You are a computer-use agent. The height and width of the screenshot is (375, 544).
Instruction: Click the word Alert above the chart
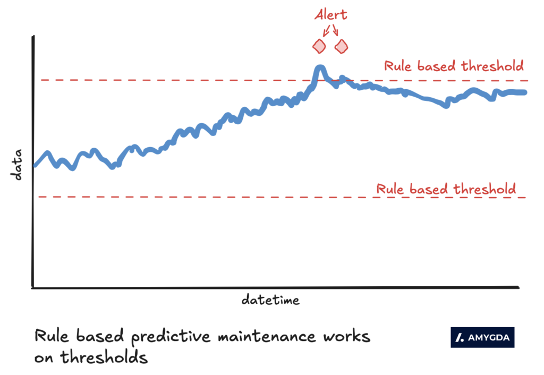point(330,14)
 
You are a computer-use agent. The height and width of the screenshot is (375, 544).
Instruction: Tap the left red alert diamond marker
point(319,46)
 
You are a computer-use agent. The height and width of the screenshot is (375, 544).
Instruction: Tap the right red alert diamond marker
point(341,47)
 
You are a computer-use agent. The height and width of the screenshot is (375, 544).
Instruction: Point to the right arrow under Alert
point(335,31)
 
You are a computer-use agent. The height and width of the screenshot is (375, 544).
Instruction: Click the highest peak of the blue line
point(320,68)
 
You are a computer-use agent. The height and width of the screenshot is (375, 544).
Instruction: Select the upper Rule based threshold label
point(454,66)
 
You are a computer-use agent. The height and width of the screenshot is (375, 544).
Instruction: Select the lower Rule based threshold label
point(446,189)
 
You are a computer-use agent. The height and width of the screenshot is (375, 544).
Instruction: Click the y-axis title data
point(18,165)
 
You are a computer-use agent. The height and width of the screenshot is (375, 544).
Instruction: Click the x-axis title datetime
point(270,300)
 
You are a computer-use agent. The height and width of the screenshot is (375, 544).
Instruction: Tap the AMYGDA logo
point(482,337)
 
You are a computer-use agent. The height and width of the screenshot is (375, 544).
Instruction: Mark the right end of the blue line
point(525,92)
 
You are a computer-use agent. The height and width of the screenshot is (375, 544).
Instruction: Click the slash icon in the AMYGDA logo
point(461,337)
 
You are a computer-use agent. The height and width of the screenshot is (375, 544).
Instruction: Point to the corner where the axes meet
point(33,287)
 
